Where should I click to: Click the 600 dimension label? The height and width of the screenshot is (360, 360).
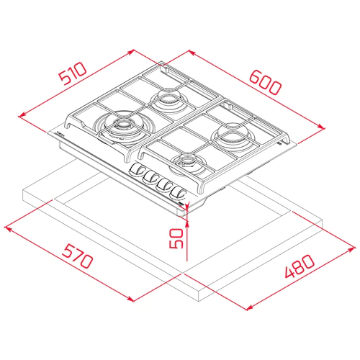point(265,82)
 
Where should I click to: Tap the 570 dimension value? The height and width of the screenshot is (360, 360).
point(77,256)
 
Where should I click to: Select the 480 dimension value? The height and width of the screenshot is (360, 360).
point(300,266)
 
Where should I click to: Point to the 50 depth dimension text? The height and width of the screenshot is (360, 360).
point(176,238)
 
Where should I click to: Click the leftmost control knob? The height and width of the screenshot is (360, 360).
point(136,170)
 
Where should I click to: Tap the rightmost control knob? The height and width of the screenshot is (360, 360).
point(178,193)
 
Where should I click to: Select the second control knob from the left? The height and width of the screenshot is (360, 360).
point(150,178)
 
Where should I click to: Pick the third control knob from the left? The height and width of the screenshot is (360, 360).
point(164,185)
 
